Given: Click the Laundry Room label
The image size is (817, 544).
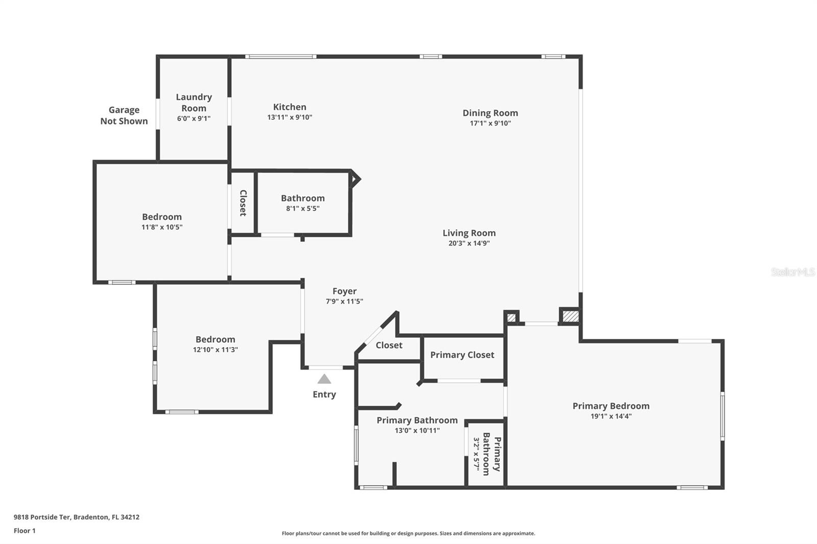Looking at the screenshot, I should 194,102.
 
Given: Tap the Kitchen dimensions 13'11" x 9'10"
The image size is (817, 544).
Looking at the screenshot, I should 290,117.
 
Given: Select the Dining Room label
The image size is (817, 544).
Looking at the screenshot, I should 490,113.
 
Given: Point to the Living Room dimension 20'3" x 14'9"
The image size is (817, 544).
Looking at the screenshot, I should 469,243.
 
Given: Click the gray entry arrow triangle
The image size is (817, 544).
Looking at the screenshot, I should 324,379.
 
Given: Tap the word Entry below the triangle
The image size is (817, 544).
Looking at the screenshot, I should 324,394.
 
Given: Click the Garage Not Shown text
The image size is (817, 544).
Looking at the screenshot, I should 124,115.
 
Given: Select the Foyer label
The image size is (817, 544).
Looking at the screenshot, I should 344,291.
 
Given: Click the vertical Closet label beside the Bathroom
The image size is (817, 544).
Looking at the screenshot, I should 243,203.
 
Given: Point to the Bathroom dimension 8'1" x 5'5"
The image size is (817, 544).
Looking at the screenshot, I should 303,209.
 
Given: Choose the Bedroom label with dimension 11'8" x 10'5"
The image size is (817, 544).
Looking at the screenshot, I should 162,217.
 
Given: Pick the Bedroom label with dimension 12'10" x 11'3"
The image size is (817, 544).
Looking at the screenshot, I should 215,339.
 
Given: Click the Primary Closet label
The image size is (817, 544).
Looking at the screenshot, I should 462,355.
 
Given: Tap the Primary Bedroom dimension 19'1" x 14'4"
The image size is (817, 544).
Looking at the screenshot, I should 611,416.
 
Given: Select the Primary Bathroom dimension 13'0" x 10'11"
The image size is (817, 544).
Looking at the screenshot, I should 417,431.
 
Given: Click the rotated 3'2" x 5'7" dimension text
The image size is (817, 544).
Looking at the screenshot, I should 476,453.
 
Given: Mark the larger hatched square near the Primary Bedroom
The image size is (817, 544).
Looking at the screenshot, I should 570,316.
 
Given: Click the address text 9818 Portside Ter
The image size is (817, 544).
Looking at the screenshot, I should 42,517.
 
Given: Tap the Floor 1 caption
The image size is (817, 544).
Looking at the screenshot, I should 25,531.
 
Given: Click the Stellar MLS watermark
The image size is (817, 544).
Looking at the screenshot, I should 792,272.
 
